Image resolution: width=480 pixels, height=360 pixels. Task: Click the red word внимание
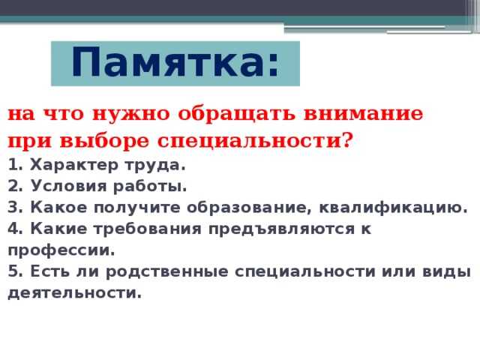363,114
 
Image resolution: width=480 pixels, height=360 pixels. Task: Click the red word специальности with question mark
255,142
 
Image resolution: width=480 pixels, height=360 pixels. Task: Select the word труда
155,166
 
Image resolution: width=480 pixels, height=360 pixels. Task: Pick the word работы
150,187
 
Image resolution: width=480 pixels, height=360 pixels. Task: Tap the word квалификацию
393,208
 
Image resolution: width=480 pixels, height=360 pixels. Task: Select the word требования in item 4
148,229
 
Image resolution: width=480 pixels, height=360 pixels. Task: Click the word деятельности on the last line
75,293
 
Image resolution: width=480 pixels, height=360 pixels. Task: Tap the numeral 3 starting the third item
13,208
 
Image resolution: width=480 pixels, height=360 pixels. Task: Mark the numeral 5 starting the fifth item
13,271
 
